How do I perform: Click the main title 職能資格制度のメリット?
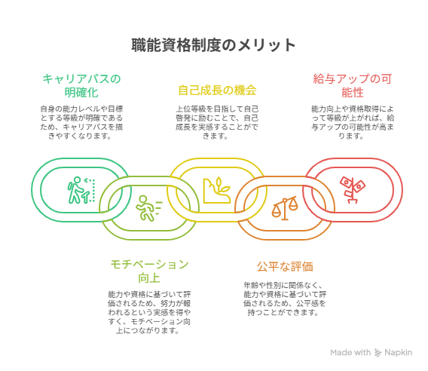[213, 45]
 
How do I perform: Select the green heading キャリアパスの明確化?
[81, 85]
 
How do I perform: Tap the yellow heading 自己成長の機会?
[217, 90]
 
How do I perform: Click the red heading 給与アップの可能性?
[353, 85]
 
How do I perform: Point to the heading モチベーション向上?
[149, 271]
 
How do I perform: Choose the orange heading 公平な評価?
[285, 266]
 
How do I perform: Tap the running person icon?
[149, 208]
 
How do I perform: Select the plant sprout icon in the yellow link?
[217, 190]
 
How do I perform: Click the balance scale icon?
[285, 208]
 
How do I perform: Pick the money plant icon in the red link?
[353, 190]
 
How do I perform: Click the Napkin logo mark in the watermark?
[378, 353]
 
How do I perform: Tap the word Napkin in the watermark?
[399, 353]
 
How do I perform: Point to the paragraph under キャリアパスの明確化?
[81, 122]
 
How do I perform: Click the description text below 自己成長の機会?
[217, 122]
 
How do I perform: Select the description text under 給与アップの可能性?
[353, 122]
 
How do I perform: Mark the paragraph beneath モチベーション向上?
[149, 312]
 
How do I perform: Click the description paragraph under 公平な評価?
[285, 299]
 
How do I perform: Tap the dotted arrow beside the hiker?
[92, 190]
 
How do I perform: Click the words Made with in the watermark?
[350, 353]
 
